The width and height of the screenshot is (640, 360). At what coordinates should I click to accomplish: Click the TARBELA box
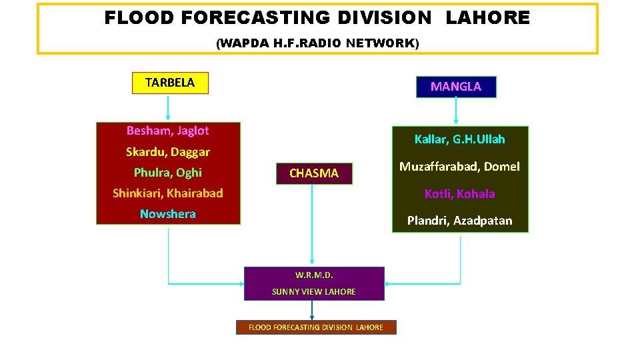coord(170,83)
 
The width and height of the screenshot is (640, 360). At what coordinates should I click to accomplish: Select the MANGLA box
coord(456,87)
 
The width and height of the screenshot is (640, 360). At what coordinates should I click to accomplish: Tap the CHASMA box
coord(314,173)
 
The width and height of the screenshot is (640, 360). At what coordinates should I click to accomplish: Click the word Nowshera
coord(168,214)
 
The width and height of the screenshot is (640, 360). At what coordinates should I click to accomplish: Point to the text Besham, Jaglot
coord(168,131)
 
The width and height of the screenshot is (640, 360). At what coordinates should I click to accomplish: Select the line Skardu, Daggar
coord(168,152)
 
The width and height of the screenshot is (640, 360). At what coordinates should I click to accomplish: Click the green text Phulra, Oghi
coord(168,173)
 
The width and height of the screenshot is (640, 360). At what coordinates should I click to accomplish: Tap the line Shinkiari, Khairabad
coord(168,193)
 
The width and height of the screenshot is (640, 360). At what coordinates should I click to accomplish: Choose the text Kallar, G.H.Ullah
coord(460,139)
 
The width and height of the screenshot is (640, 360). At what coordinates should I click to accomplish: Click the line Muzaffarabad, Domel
coord(460,167)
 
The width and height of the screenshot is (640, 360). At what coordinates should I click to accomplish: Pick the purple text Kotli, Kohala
coord(460,194)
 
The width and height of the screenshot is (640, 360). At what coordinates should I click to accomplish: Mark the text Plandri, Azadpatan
coord(460,221)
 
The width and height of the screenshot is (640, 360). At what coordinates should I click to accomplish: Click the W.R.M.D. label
coord(314,275)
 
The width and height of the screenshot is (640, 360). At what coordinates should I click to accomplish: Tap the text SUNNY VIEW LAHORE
coord(314,291)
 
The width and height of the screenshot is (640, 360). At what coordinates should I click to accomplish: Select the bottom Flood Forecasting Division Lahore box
coord(316,327)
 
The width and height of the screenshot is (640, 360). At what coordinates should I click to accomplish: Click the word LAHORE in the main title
coord(487,18)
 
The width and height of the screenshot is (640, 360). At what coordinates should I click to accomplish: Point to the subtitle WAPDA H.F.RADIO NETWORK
coord(318,43)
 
